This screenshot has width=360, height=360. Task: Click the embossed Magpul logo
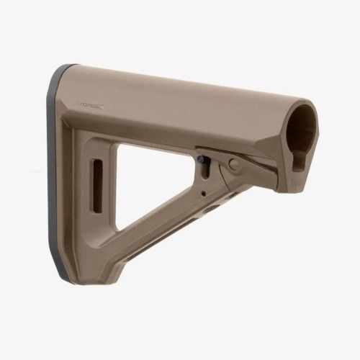coord(91,106)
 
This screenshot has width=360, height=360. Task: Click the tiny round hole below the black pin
coord(203,193)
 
